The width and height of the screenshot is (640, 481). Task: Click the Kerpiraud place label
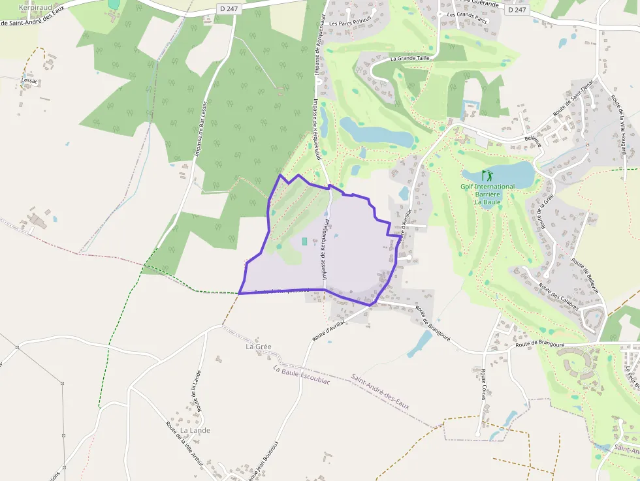pos(34,7)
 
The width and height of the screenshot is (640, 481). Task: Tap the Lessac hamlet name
pos(30,80)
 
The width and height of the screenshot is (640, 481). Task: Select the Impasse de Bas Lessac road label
pos(200,129)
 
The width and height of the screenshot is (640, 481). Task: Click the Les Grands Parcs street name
pos(468,13)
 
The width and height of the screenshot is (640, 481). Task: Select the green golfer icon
pos(487,176)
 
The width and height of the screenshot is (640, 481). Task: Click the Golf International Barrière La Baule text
pos(487,194)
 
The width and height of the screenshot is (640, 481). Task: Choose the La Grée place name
pos(258,347)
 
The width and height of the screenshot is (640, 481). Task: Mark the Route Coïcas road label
pos(483,384)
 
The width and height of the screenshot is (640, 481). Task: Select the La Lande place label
pos(195,430)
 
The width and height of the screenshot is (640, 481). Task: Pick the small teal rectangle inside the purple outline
pos(304,241)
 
